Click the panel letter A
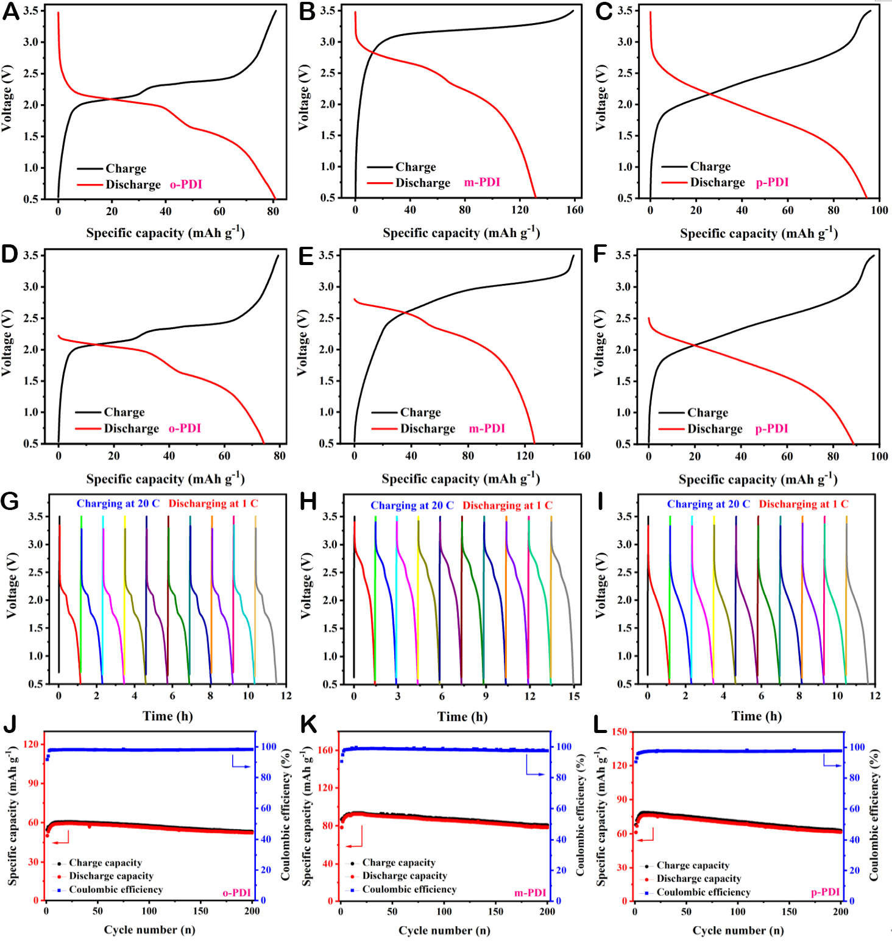click(10, 12)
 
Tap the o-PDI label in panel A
click(186, 184)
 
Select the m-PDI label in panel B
click(482, 182)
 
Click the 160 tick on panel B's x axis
click(575, 210)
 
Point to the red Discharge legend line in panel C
click(674, 182)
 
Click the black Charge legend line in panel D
click(88, 413)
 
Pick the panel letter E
click(306, 256)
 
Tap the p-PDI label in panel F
click(771, 429)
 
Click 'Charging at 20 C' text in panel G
click(118, 503)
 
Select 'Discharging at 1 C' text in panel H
click(507, 505)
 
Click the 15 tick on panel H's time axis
click(574, 696)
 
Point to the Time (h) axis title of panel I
click(756, 716)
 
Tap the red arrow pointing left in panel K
click(353, 846)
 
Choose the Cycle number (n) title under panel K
click(444, 930)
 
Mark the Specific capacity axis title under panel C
click(759, 233)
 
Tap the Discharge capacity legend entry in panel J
click(110, 876)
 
